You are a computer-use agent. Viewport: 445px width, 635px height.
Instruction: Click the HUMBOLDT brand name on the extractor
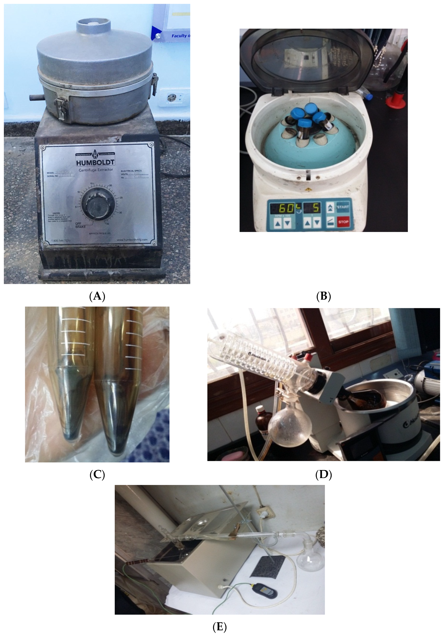coord(95,162)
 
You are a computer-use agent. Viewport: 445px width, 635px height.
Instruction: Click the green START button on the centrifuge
coord(343,207)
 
